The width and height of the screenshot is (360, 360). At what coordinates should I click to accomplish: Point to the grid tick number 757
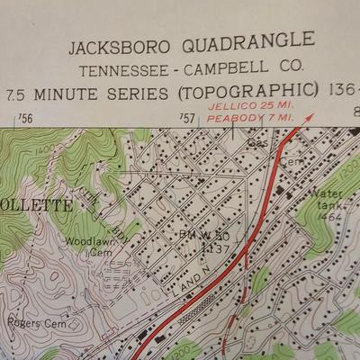(188, 118)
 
